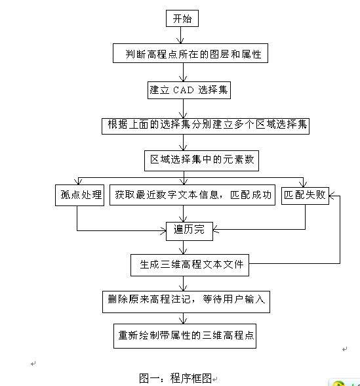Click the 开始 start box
(x=182, y=18)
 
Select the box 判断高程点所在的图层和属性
(x=190, y=53)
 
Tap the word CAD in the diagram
(x=184, y=90)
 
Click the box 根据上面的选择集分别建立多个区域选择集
(x=206, y=126)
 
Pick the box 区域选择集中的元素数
(x=202, y=161)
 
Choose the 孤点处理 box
(x=80, y=195)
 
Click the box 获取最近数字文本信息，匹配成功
(x=192, y=195)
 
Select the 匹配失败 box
(x=305, y=196)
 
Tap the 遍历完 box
(x=190, y=231)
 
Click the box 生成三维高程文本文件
(x=190, y=265)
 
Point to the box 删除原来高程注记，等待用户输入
(x=186, y=302)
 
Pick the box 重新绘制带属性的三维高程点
(x=185, y=336)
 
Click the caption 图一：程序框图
(x=175, y=378)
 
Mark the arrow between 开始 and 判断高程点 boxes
(x=181, y=35)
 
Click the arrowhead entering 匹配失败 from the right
(x=332, y=196)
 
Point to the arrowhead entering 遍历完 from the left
(x=163, y=230)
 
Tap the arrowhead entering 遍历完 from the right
(x=215, y=230)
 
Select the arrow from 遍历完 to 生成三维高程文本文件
(x=183, y=247)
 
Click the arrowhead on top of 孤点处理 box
(x=78, y=182)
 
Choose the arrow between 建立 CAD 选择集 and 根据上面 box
(x=183, y=108)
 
